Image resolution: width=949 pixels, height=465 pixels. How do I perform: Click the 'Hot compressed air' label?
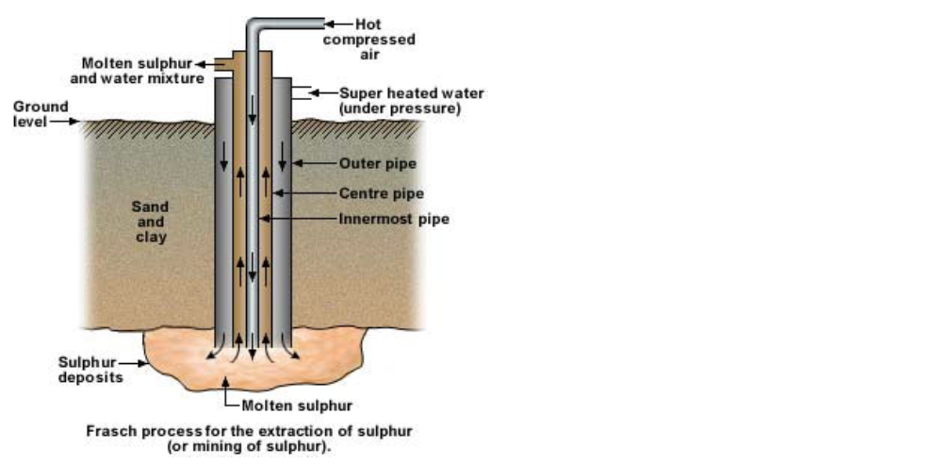[x=369, y=40]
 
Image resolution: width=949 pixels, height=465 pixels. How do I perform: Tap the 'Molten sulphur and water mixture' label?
[x=151, y=71]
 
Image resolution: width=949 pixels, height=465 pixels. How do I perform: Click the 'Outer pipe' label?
[x=377, y=163]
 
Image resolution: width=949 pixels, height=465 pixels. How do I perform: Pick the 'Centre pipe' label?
[x=381, y=193]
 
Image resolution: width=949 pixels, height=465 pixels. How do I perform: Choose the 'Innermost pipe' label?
[x=394, y=219]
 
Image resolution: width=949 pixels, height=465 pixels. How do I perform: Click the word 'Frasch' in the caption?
[x=107, y=431]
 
